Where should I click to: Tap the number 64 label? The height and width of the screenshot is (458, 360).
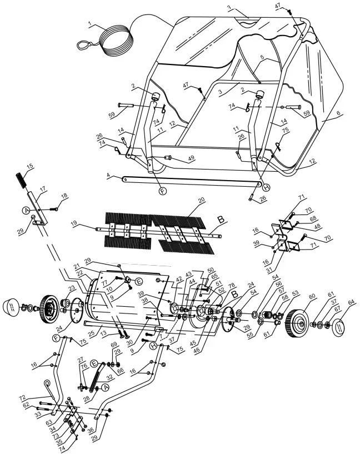pos(351,302)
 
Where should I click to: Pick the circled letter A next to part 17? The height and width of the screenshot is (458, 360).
pos(26,210)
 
